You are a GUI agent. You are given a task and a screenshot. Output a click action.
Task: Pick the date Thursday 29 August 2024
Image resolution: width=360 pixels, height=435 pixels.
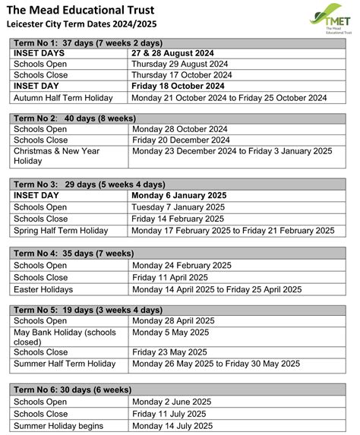tap(180, 65)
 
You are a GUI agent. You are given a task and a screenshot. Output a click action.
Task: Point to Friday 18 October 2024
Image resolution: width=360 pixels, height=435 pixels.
tap(179, 87)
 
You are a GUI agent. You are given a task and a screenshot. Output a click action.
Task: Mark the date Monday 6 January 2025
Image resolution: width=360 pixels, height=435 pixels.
tap(178, 195)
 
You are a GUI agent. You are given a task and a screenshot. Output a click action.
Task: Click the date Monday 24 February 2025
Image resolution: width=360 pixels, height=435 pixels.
tap(179, 266)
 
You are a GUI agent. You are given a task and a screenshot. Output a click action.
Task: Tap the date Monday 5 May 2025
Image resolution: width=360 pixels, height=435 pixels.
tap(170, 333)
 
